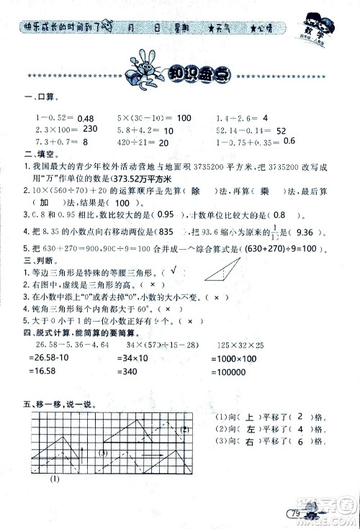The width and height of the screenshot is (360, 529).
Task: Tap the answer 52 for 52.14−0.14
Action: click(282, 130)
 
